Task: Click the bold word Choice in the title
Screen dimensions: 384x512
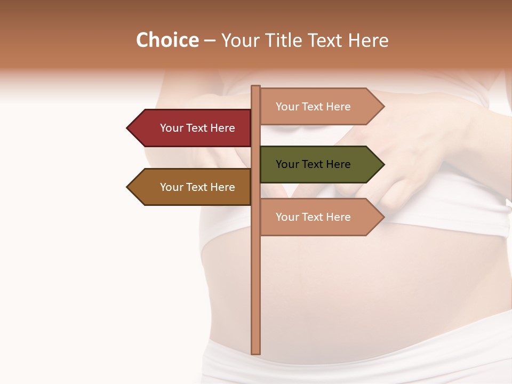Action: click(x=167, y=40)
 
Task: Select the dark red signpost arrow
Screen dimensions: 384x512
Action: click(x=192, y=128)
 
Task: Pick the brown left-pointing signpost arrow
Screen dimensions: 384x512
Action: click(x=192, y=187)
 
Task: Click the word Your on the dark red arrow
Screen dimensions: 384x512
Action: click(x=171, y=128)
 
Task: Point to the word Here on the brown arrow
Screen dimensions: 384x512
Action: click(x=222, y=187)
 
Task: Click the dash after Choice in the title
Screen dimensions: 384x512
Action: click(x=210, y=41)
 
